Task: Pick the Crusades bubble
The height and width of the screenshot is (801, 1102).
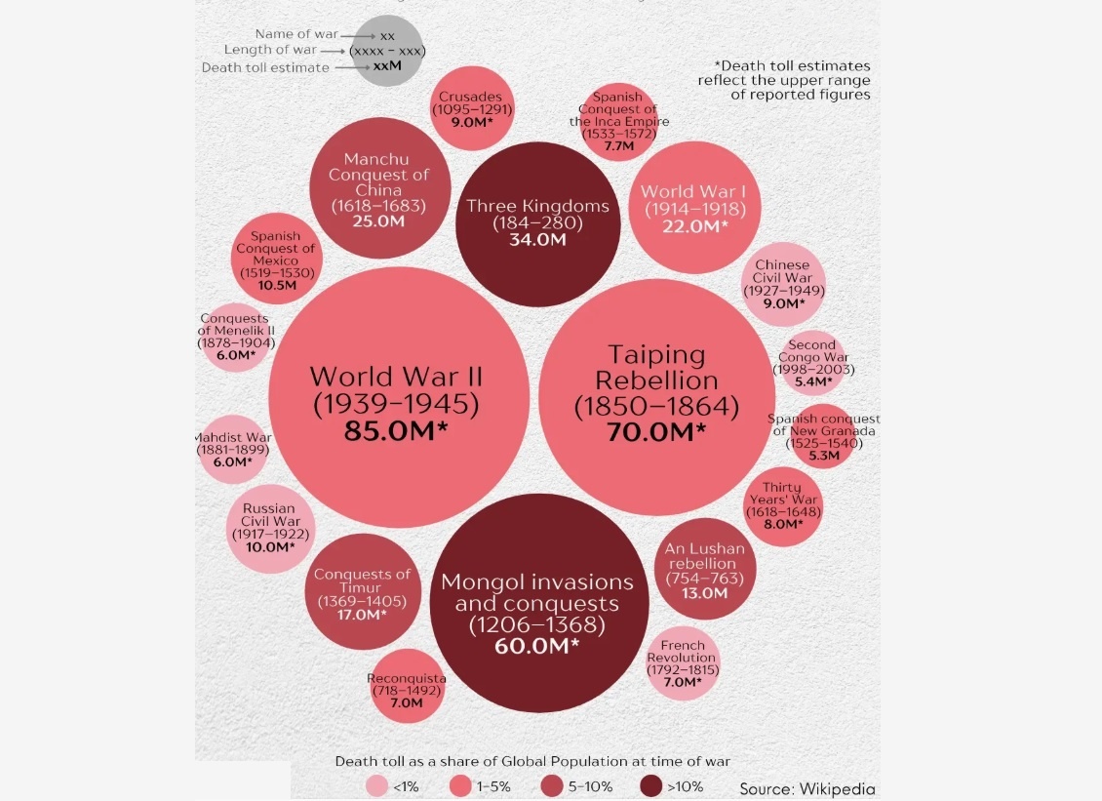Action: click(471, 108)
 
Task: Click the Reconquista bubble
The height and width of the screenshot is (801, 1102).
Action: click(407, 685)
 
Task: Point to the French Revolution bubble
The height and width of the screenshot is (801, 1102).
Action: click(683, 663)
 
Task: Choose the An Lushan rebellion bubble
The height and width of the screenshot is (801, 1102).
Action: click(704, 570)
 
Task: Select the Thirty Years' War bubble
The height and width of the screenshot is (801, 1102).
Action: click(783, 504)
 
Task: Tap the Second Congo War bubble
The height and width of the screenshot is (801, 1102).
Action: click(812, 362)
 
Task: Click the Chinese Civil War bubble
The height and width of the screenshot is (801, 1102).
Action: click(782, 283)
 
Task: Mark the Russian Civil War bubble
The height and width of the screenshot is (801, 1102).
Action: click(269, 527)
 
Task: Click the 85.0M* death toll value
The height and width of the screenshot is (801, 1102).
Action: click(398, 430)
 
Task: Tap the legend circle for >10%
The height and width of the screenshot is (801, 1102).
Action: click(651, 786)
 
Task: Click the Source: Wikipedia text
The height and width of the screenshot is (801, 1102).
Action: click(807, 788)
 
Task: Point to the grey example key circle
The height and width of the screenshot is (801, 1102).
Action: click(387, 51)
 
